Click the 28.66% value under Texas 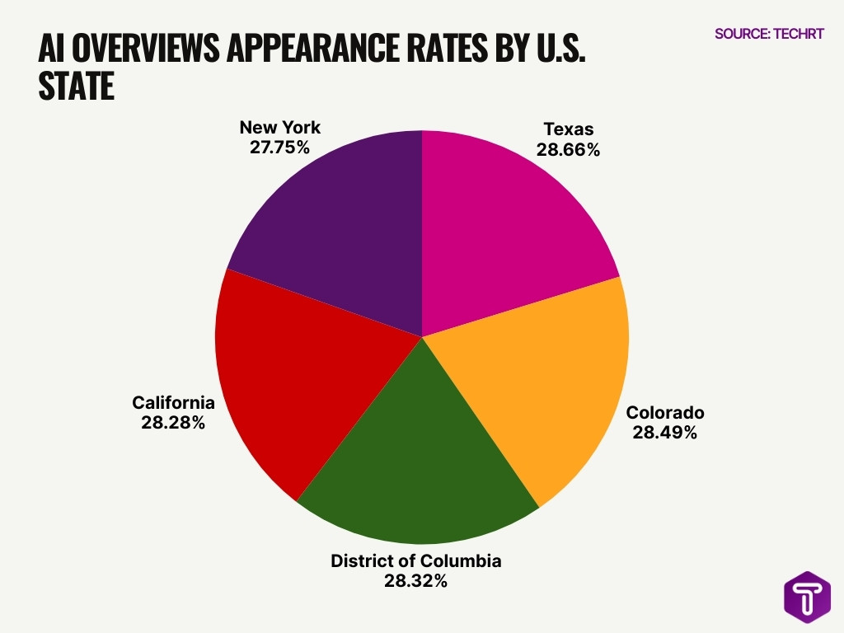pos(568,150)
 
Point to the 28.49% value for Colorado pos(664,432)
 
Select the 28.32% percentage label pos(415,581)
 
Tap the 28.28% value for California pos(173,423)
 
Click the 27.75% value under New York pos(279,148)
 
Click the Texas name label pos(568,129)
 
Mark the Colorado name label pos(665,412)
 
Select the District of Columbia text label pos(415,561)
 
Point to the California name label pos(173,403)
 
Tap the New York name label pos(279,128)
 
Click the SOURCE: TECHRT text pos(769,35)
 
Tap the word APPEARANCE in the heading pos(320,50)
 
